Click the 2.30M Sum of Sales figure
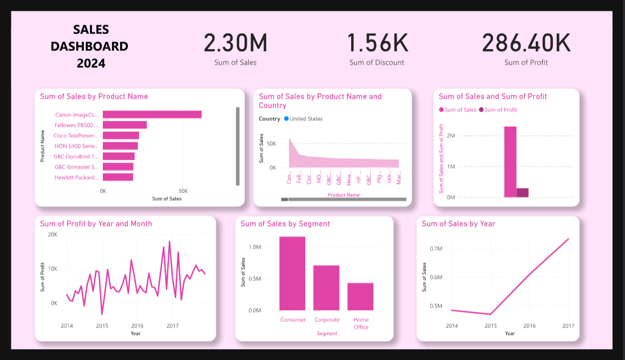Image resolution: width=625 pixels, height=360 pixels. pyautogui.click(x=235, y=43)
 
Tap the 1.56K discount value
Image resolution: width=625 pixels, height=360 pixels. pyautogui.click(x=377, y=43)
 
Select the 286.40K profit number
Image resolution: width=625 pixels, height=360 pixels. pyautogui.click(x=526, y=43)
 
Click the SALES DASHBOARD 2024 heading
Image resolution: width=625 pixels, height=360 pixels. pyautogui.click(x=90, y=46)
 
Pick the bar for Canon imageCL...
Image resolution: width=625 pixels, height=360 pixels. pyautogui.click(x=152, y=114)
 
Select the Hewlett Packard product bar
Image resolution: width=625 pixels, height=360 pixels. pyautogui.click(x=118, y=177)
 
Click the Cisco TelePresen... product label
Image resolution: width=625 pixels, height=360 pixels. pyautogui.click(x=76, y=135)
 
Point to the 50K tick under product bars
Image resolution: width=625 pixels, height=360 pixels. pyautogui.click(x=183, y=191)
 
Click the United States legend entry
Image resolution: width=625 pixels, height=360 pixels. pyautogui.click(x=306, y=119)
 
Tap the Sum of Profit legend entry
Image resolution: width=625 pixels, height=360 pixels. pyautogui.click(x=500, y=110)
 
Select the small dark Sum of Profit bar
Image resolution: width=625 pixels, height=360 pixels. pyautogui.click(x=522, y=193)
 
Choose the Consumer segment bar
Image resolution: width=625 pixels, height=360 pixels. pyautogui.click(x=292, y=273)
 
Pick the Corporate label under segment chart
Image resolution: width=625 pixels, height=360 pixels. pyautogui.click(x=327, y=320)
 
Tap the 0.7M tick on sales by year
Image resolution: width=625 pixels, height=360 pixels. pyautogui.click(x=436, y=248)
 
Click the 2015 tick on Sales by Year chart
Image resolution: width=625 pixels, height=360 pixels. pyautogui.click(x=490, y=326)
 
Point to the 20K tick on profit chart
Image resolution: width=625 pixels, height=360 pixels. pyautogui.click(x=52, y=234)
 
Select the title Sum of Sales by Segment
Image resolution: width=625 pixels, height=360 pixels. pyautogui.click(x=285, y=224)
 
